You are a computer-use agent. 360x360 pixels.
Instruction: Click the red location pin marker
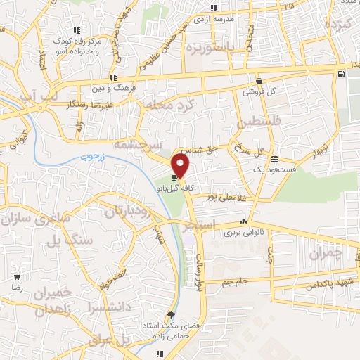coord(181,167)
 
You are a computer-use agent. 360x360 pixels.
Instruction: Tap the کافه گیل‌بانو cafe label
coord(174,188)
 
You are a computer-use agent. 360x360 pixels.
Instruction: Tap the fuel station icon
coord(341,74)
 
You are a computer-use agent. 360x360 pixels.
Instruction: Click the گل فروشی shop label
coord(259,91)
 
